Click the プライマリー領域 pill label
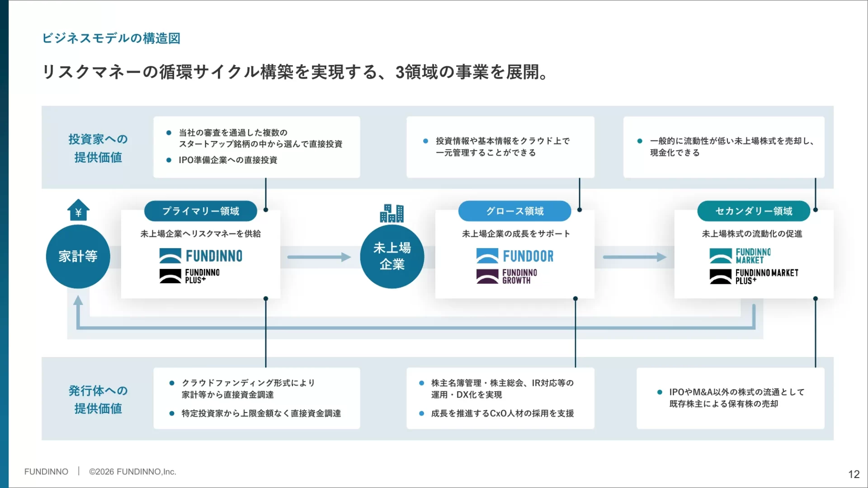(200, 211)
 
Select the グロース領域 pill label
(514, 211)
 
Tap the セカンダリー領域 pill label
(754, 211)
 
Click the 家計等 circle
(78, 256)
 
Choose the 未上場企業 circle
(392, 256)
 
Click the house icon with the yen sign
(78, 210)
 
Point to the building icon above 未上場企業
(392, 213)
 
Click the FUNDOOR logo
(514, 256)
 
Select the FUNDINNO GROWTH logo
(507, 277)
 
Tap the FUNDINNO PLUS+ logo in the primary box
(189, 276)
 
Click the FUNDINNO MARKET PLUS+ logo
(754, 277)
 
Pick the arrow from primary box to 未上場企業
(319, 257)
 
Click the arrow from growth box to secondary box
(634, 257)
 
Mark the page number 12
(854, 474)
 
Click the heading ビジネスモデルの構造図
(111, 38)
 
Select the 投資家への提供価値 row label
(98, 148)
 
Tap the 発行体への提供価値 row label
(98, 399)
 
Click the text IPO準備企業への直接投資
(228, 160)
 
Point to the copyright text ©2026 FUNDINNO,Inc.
(132, 472)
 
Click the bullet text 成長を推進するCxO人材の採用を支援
(502, 413)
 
